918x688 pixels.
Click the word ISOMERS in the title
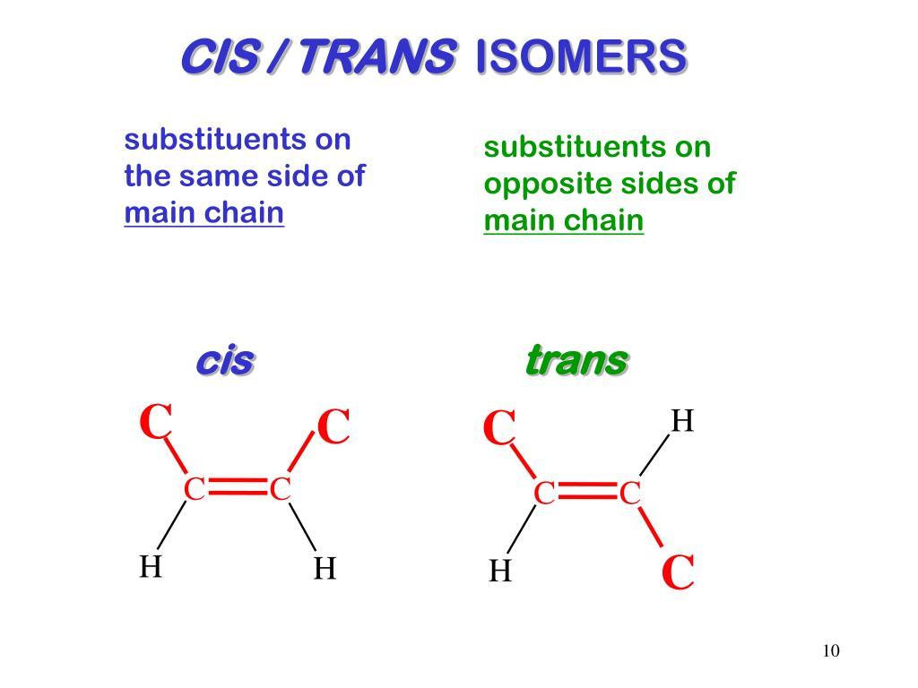[581, 56]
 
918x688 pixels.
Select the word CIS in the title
[220, 56]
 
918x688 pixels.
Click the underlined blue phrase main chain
[204, 212]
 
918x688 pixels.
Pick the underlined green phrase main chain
[563, 220]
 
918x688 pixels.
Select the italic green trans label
[577, 360]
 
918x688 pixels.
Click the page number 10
[831, 650]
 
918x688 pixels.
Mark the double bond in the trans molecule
[587, 492]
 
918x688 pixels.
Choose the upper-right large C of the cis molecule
[333, 426]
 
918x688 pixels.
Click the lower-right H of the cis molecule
[325, 568]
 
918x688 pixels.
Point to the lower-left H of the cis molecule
[151, 566]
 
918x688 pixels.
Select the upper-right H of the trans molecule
[682, 421]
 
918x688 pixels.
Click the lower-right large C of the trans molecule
[678, 572]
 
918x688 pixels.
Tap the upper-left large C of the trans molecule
[499, 427]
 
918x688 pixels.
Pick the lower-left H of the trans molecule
[500, 571]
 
